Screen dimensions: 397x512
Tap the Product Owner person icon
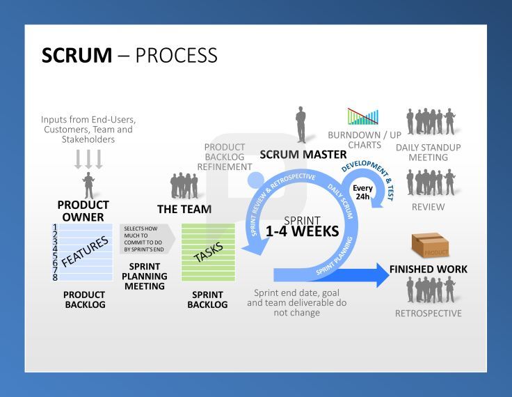88,185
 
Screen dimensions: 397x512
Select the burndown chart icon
362,116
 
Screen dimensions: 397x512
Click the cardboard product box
429,245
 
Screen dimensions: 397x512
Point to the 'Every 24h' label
362,192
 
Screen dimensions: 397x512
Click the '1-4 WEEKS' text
302,231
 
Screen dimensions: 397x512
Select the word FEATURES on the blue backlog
86,251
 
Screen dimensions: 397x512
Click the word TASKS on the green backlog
208,252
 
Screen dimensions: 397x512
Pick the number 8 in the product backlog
55,277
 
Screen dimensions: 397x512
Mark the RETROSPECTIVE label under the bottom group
428,313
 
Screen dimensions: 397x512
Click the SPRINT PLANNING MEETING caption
144,276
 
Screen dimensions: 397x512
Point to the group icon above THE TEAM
184,186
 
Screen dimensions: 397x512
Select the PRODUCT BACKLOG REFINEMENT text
224,157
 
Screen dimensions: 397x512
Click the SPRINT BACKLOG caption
207,299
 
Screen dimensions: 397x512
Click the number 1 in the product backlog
55,227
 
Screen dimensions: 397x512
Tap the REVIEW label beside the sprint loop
428,207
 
